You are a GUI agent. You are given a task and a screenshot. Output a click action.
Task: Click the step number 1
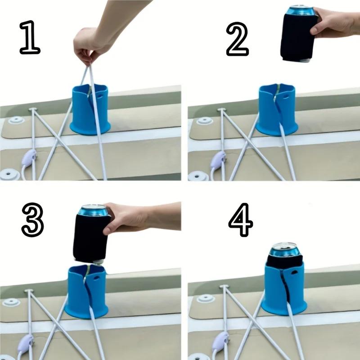point(30,39)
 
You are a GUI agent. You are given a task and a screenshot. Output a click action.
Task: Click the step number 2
point(237,39)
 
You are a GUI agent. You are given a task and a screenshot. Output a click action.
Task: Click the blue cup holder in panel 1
point(90,112)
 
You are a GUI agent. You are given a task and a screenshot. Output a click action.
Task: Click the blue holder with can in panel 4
point(284,288)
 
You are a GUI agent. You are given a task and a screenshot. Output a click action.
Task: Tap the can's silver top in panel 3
point(93,210)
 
